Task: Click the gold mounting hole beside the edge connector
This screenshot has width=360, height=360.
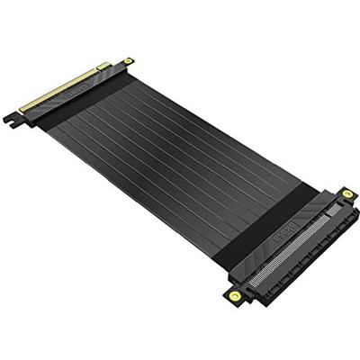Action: (129, 61)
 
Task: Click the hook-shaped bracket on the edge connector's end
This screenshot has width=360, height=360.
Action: (12, 117)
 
